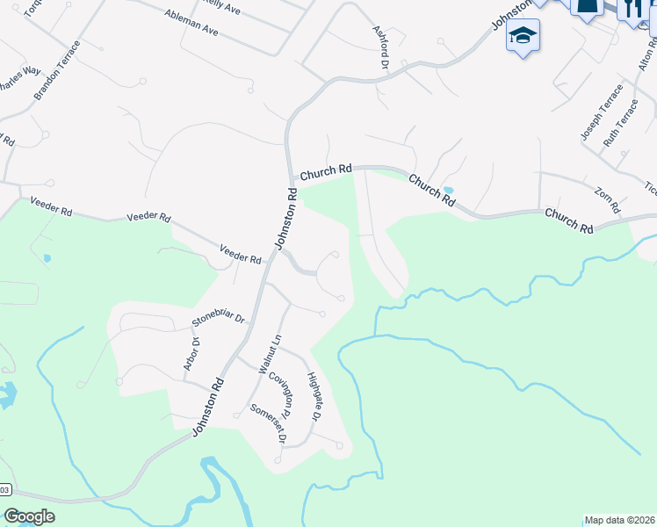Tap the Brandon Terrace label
57,70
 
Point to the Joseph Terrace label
601,112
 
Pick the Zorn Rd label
607,200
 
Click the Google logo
29,516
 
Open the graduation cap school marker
523,37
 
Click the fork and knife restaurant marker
632,9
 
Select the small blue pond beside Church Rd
449,190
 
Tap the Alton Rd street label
642,58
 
